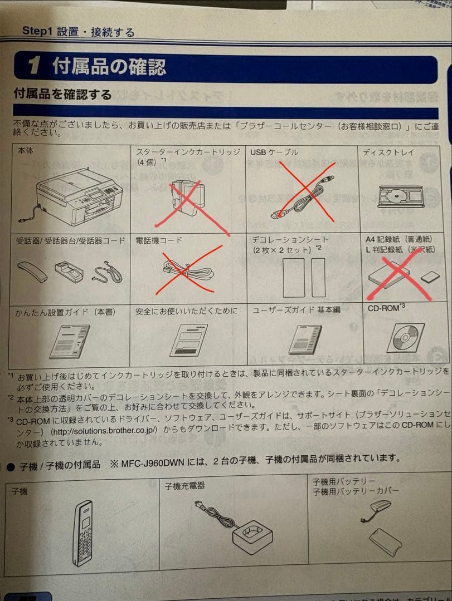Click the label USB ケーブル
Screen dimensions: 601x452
point(274,152)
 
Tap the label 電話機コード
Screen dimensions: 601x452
point(159,240)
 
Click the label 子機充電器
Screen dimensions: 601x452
point(185,486)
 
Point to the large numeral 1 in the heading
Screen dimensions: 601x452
point(35,68)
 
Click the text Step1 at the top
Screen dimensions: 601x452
point(37,31)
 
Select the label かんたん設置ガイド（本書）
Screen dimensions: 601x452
point(66,312)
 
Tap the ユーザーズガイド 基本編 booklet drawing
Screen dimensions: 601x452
point(305,339)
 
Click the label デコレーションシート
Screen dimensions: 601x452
point(290,239)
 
